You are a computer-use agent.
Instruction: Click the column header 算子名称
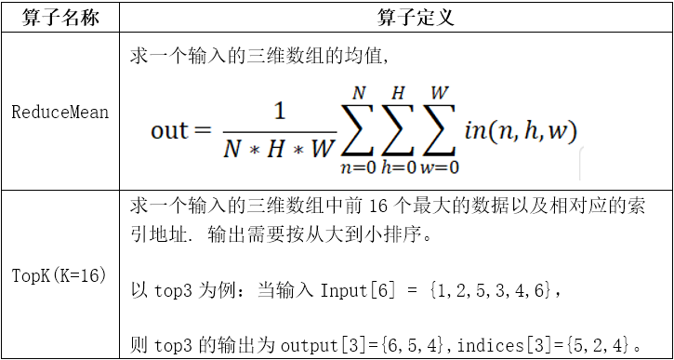pos(60,18)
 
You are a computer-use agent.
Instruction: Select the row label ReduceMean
pos(60,113)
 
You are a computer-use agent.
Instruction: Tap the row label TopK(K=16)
pos(60,275)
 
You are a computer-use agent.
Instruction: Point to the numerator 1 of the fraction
pos(278,112)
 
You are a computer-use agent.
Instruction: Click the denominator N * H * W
pos(278,149)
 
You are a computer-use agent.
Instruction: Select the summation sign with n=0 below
pos(360,131)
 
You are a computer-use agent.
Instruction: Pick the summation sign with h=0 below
pos(399,131)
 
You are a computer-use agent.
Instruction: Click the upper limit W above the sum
pos(441,93)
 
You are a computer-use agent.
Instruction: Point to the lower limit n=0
pos(360,168)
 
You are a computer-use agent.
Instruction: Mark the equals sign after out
pos(204,130)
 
